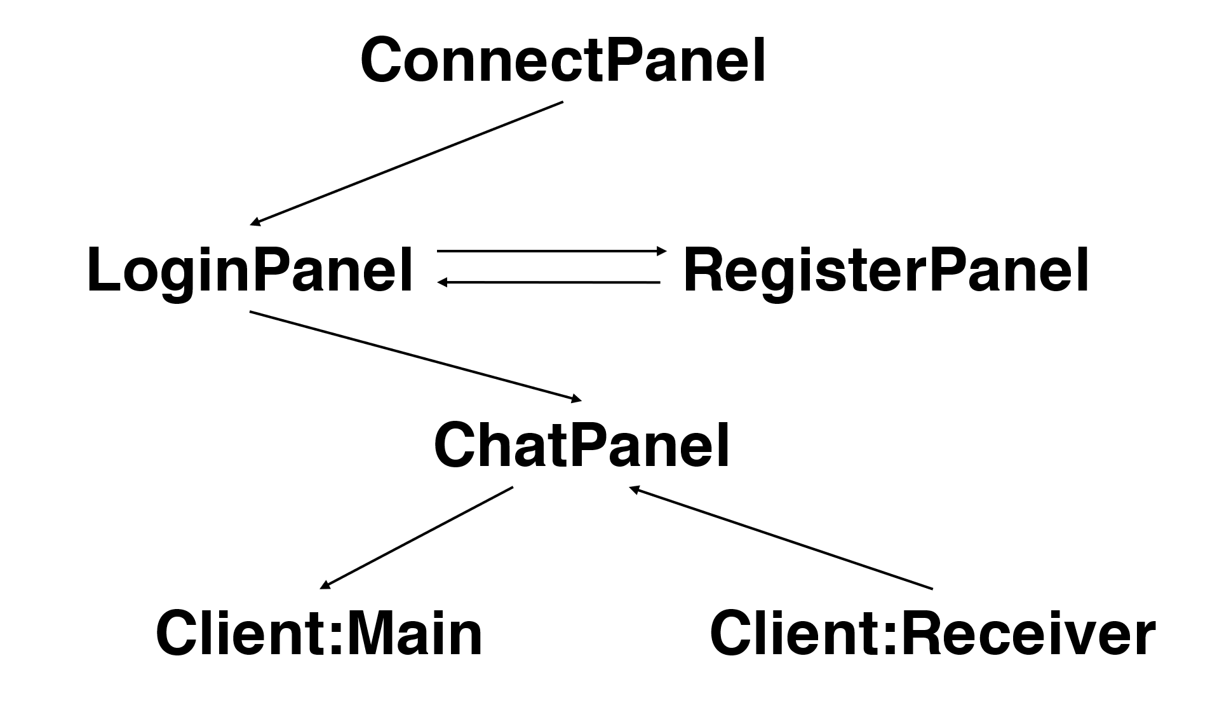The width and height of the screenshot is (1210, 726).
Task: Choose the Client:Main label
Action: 319,634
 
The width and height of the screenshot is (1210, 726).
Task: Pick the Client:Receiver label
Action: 932,634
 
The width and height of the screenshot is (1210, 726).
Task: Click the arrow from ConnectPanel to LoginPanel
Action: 407,163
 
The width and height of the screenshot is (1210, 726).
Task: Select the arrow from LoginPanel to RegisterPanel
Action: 551,251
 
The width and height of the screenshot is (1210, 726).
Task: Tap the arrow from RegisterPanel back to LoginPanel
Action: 549,282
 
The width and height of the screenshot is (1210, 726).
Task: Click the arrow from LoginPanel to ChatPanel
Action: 416,356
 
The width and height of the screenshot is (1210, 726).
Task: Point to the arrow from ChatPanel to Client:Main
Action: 416,537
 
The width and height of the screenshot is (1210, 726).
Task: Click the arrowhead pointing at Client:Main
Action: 324,586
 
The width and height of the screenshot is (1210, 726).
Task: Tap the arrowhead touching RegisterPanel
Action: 662,251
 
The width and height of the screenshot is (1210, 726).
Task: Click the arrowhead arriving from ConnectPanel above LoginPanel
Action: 255,222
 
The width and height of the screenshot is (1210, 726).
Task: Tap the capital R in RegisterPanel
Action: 704,270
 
